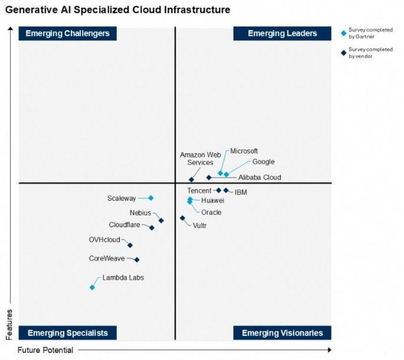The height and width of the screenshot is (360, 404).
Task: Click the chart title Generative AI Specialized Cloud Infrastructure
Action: (117, 10)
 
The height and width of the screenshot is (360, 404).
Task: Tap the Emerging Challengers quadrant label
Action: (68, 33)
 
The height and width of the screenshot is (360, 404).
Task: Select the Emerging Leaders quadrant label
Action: (282, 33)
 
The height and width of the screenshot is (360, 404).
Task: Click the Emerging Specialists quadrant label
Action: (68, 333)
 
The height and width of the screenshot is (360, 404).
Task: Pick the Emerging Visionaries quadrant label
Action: (282, 333)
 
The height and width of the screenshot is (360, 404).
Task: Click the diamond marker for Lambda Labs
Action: (92, 287)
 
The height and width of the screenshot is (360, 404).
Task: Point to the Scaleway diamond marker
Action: (151, 198)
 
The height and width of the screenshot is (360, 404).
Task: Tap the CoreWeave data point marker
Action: (137, 260)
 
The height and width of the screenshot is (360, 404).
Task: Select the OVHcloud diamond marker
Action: (130, 245)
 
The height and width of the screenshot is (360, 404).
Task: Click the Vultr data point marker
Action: (182, 218)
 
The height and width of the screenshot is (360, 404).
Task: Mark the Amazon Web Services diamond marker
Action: (191, 179)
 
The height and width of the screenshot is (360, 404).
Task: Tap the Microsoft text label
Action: (244, 151)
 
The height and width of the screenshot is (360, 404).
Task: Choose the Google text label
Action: (263, 162)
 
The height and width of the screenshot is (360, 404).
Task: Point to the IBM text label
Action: (241, 192)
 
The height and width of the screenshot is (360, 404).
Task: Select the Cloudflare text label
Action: (124, 225)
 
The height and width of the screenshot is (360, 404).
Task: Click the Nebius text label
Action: (140, 212)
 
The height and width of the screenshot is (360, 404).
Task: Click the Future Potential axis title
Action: (45, 350)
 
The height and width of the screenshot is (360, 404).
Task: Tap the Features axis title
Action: (9, 324)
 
